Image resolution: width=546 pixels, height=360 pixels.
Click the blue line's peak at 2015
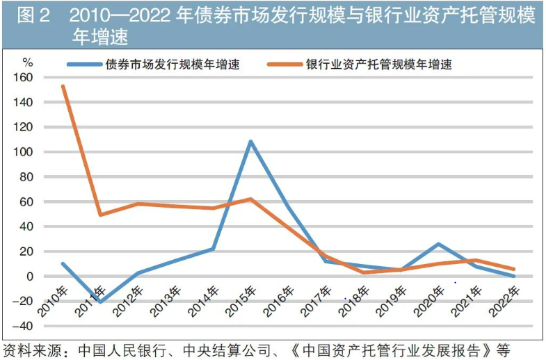click(x=250, y=142)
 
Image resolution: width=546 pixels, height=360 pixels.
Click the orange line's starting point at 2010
click(x=63, y=86)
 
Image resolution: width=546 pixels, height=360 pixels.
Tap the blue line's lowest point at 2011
click(x=101, y=302)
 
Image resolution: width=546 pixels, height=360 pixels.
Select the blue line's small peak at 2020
click(x=437, y=244)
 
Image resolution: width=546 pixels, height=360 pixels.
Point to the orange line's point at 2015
click(x=250, y=199)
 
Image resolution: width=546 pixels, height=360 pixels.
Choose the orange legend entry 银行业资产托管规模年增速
click(x=379, y=65)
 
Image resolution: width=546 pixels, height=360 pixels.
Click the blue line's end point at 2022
click(x=513, y=276)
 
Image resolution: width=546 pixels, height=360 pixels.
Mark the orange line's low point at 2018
click(x=363, y=272)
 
